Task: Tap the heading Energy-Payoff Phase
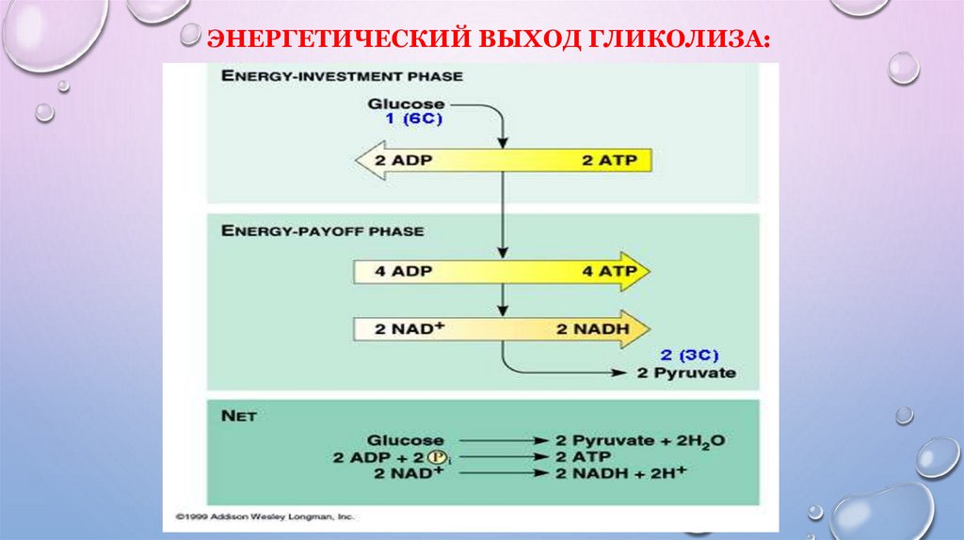point(323,230)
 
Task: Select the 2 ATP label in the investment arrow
point(609,160)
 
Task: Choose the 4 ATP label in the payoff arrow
point(609,272)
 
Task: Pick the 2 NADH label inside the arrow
point(599,329)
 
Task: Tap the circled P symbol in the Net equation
point(436,456)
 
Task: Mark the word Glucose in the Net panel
point(406,440)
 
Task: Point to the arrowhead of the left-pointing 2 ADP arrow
point(363,160)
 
